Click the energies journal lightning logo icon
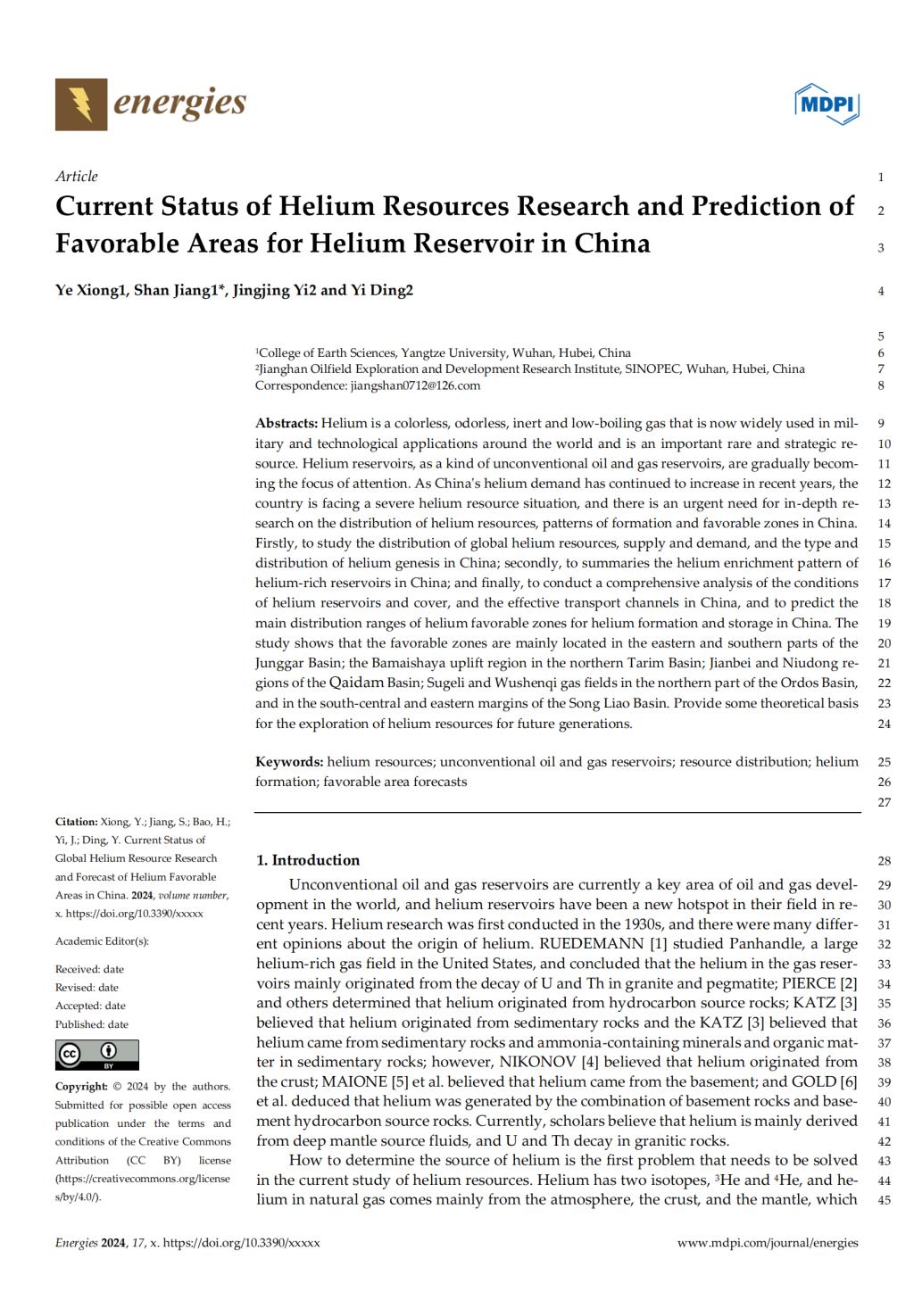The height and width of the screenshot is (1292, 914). (x=81, y=104)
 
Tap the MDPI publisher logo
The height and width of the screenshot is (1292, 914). (x=827, y=105)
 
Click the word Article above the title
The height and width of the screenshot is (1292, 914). (x=77, y=176)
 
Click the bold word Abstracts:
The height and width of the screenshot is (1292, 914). (x=287, y=422)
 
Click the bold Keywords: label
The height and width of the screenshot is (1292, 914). (x=289, y=762)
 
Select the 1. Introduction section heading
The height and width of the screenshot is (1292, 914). (x=308, y=860)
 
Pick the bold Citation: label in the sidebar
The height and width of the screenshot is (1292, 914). (x=76, y=822)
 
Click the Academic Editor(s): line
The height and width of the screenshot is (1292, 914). (x=102, y=941)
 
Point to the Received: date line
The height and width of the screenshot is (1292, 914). (x=89, y=969)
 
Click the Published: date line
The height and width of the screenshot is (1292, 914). (x=92, y=1024)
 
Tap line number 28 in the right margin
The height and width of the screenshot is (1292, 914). (x=885, y=861)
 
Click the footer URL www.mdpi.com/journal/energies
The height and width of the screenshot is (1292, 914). (x=768, y=1242)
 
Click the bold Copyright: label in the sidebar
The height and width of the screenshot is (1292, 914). (x=81, y=1086)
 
